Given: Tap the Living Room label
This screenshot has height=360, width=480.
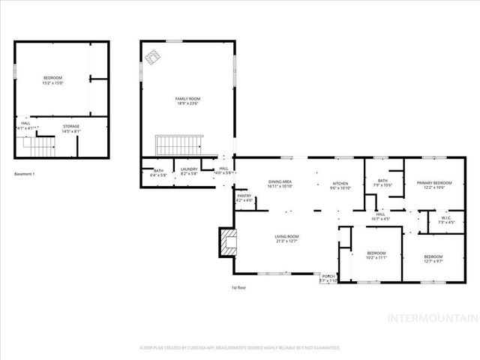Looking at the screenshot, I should pos(286,238).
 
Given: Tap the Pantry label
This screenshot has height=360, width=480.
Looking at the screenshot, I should pos(244,198).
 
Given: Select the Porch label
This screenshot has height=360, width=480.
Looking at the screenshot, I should pos(328,277).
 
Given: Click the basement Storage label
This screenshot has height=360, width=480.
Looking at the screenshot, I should pos(71,128).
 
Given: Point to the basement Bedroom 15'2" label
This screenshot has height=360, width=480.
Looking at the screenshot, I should pos(52,80).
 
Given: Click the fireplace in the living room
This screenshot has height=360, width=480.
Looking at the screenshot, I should pos(226,241).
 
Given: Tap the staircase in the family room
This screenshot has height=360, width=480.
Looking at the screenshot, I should pos(176,142).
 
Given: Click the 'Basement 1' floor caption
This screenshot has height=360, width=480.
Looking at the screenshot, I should pos(25,174).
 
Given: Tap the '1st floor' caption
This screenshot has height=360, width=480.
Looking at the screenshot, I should pos(238,287).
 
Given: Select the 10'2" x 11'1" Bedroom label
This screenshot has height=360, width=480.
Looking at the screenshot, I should pos(376,255).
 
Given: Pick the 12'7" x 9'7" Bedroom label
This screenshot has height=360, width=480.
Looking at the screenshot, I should pos(433,259).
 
